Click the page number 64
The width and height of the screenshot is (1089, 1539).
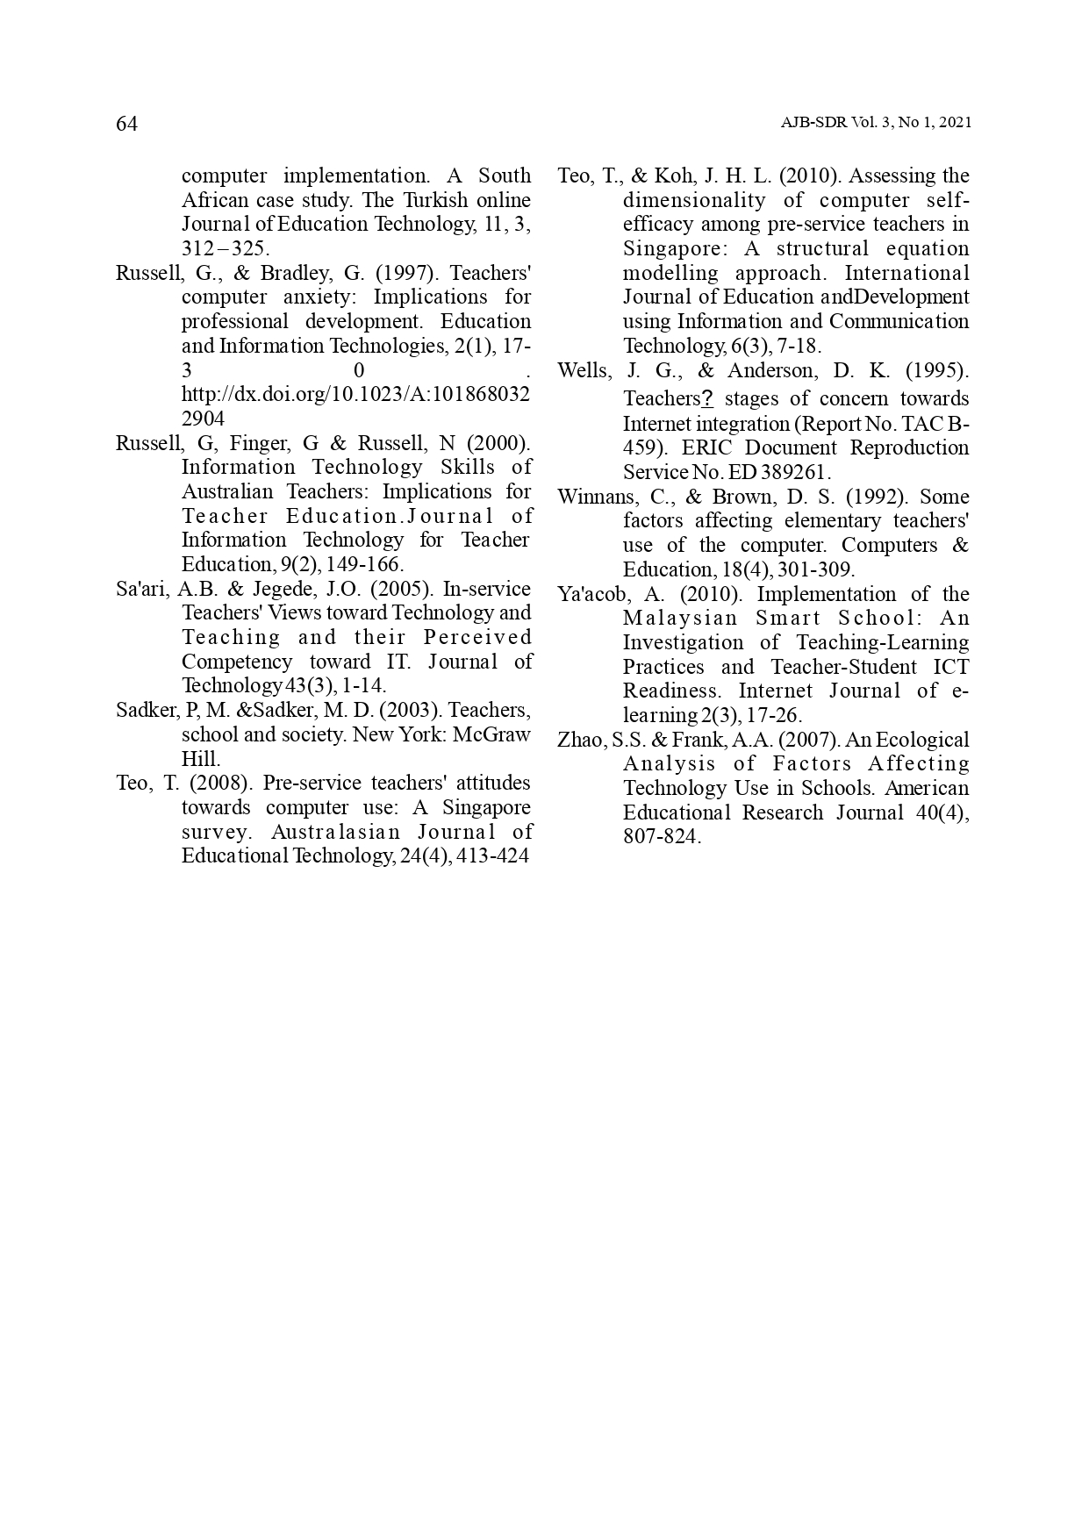[x=127, y=125]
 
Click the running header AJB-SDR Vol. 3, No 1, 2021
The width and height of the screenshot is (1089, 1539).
[x=876, y=124]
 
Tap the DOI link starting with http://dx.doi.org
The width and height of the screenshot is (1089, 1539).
[x=355, y=394]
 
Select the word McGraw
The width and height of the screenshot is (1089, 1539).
[x=491, y=734]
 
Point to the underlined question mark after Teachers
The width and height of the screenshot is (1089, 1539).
[x=707, y=399]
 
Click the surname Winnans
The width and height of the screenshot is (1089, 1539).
[x=589, y=497]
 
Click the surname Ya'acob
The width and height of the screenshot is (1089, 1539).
[x=591, y=594]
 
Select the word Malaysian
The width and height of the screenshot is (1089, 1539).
[x=680, y=619]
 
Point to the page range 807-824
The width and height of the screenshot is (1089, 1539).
[x=661, y=837]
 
